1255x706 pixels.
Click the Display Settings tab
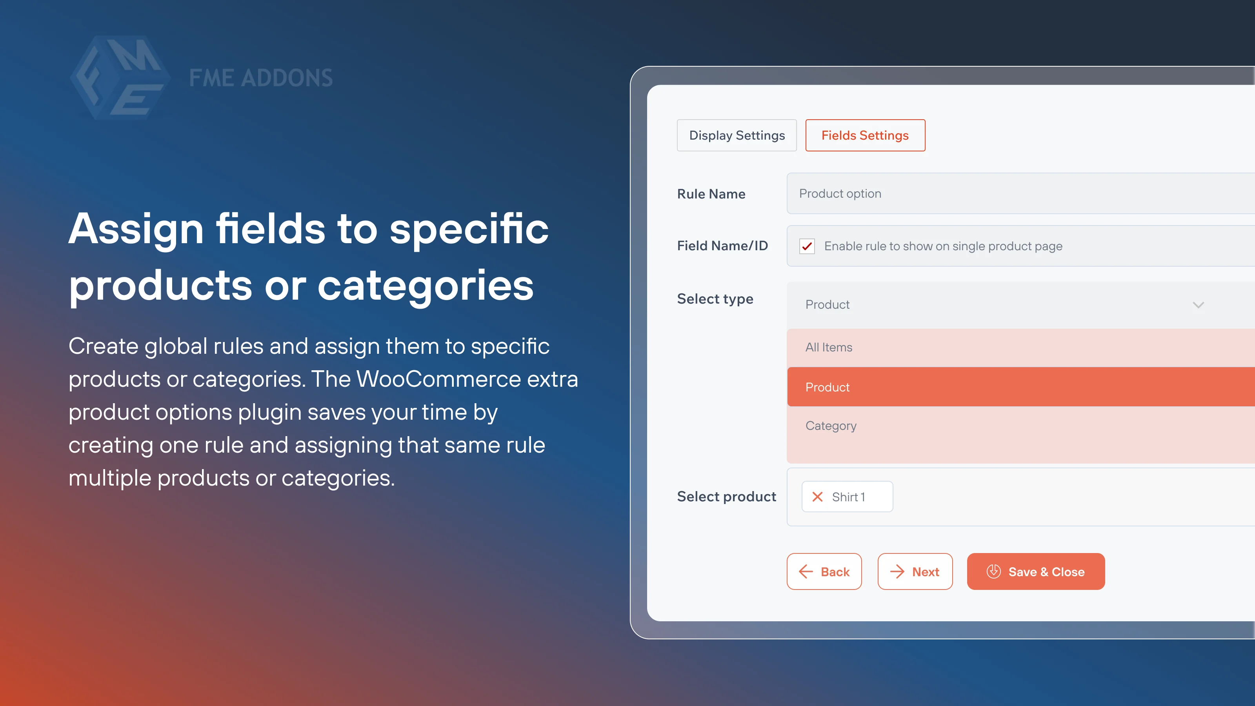point(737,135)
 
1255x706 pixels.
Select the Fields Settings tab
point(865,135)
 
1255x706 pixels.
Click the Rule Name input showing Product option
point(1020,193)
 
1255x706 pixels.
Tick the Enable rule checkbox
point(807,246)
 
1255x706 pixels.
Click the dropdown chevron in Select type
point(1199,305)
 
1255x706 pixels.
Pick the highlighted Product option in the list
point(1020,387)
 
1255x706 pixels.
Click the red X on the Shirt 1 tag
point(817,497)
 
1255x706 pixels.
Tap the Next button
point(915,571)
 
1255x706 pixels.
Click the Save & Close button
point(1036,571)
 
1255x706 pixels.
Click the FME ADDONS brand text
point(261,78)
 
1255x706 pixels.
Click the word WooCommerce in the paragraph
point(438,379)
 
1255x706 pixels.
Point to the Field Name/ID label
point(722,246)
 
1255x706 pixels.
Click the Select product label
point(726,497)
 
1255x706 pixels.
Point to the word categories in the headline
point(425,286)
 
